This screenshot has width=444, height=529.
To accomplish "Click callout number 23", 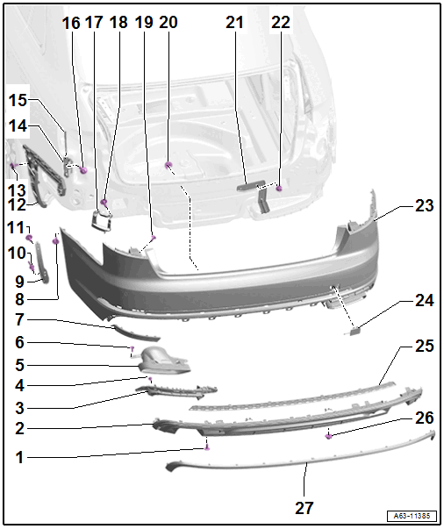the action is [424, 205].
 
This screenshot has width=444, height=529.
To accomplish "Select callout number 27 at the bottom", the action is [304, 507].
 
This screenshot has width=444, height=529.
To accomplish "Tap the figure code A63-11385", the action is [412, 516].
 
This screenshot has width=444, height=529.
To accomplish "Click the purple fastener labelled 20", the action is [168, 165].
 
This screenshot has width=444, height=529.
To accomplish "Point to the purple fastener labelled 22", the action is [279, 189].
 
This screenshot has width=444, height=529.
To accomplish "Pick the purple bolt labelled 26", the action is [329, 437].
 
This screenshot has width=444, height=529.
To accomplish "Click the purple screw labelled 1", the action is [207, 447].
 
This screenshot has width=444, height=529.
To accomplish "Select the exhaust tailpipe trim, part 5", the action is [164, 361].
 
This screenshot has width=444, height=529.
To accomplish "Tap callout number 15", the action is [18, 100].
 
